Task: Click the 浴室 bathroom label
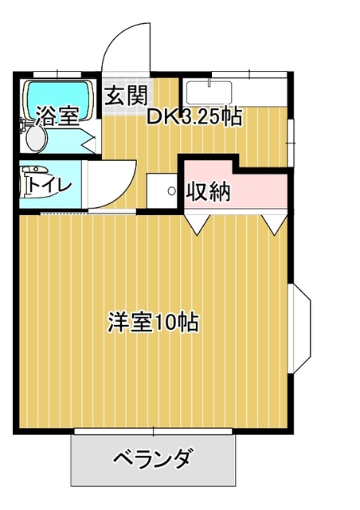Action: pos(57,116)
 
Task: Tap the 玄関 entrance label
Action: pos(127,96)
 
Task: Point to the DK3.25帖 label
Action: pos(194,117)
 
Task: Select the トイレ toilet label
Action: pos(49,186)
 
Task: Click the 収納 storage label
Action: pos(209,191)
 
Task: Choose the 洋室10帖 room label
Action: pos(153,322)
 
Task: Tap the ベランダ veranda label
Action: pos(151,459)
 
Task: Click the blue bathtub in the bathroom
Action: pos(58,100)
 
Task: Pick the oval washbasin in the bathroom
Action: pos(36,138)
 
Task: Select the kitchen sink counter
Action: pos(209,92)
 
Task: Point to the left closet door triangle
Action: pos(197,224)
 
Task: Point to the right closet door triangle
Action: pos(275,224)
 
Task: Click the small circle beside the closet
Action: pos(172,190)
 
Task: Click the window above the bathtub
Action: pos(57,74)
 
